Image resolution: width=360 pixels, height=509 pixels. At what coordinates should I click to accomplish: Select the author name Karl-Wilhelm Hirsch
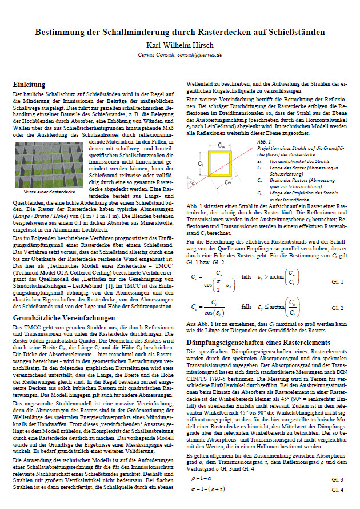tap(180, 45)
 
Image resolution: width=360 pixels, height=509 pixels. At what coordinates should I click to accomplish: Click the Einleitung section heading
tap(29, 84)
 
